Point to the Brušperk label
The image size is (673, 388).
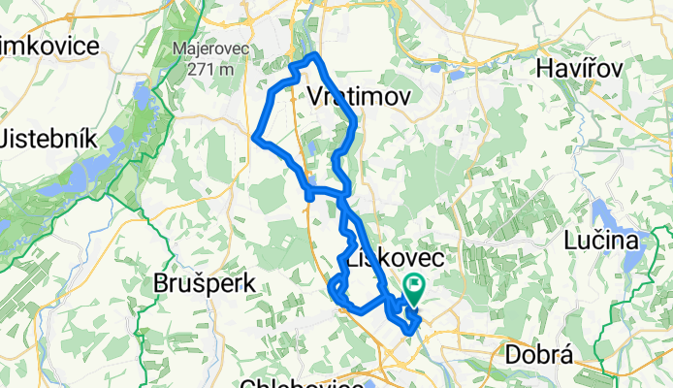(x=205, y=284)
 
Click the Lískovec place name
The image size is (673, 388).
(x=392, y=260)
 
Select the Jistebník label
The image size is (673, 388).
(x=48, y=138)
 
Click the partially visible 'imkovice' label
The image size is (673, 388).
(x=50, y=47)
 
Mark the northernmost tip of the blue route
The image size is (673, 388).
(x=314, y=54)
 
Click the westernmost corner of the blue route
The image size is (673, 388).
(x=255, y=138)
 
